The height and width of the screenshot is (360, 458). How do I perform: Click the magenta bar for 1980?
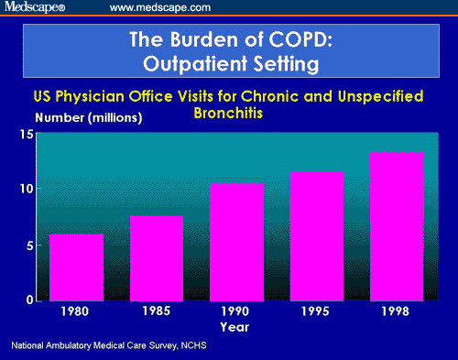point(76,267)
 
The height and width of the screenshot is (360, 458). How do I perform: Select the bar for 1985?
point(156,257)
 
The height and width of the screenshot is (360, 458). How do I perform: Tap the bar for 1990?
point(237,241)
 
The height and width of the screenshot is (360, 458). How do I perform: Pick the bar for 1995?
point(317,235)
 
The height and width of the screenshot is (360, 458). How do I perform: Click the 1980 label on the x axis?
point(76,311)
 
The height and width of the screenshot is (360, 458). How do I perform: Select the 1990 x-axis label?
point(237,311)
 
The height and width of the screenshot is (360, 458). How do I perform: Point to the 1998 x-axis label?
point(397,311)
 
